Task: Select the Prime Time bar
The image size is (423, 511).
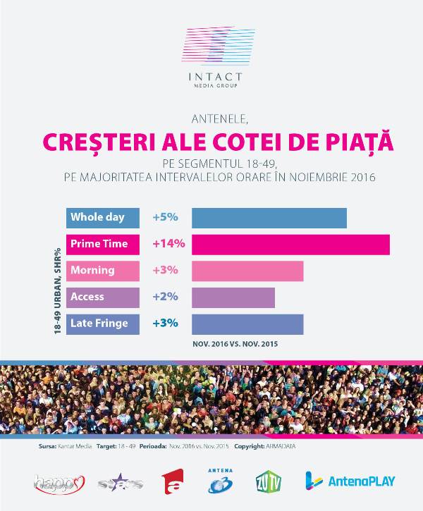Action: click(x=290, y=244)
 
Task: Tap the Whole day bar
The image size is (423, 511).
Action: click(x=269, y=218)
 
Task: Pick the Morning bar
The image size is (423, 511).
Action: click(x=247, y=271)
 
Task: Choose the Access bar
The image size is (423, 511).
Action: click(x=233, y=297)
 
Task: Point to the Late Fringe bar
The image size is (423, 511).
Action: click(x=247, y=324)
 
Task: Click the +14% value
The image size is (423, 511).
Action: click(x=168, y=244)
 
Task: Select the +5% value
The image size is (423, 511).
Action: click(x=165, y=218)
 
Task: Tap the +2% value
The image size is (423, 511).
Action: click(x=165, y=297)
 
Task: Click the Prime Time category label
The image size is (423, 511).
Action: click(x=100, y=244)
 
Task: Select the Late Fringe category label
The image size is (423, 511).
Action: click(x=100, y=324)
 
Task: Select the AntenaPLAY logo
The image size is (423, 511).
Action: click(x=350, y=481)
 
